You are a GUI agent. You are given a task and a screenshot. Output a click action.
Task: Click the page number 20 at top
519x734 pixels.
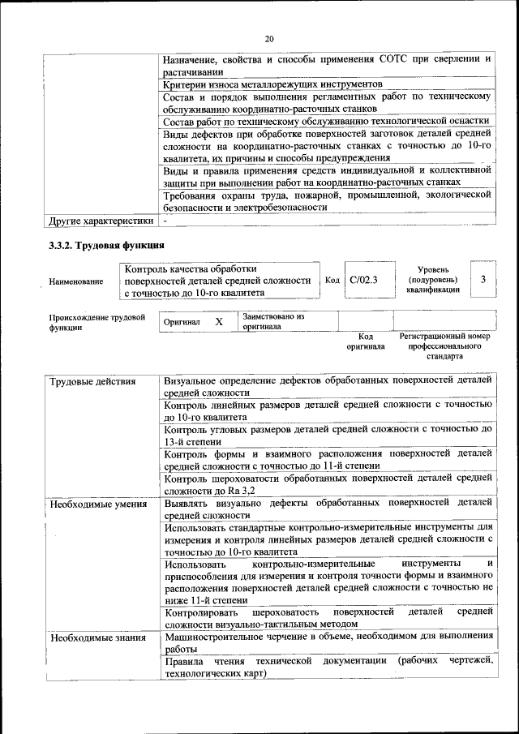269,38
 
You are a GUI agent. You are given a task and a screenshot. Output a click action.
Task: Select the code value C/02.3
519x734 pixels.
364,280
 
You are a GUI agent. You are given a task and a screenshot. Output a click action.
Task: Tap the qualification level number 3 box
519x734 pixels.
483,280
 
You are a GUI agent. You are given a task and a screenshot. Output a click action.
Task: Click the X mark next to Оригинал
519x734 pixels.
219,322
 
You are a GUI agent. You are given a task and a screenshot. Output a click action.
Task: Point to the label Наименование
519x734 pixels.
76,281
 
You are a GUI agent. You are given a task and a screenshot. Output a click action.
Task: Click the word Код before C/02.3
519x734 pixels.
332,280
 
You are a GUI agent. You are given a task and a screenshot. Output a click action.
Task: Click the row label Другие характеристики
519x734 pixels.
101,220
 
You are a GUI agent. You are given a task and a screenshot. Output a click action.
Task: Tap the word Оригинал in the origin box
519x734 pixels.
182,323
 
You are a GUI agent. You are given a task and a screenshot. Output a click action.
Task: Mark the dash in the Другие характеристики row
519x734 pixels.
165,220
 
